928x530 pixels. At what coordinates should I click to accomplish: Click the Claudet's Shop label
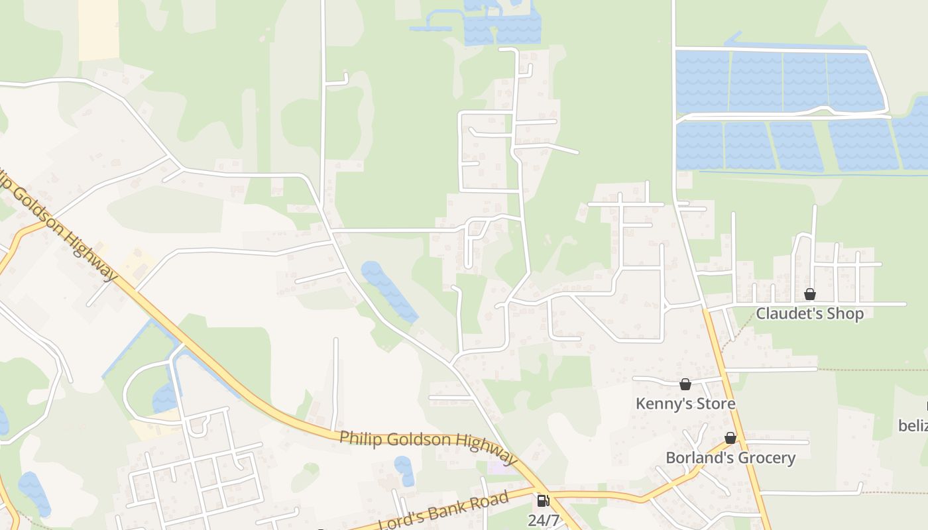point(809,313)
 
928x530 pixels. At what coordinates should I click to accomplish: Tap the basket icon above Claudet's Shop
point(809,294)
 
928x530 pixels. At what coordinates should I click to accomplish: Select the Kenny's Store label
point(685,403)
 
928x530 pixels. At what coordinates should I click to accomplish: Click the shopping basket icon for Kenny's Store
point(685,384)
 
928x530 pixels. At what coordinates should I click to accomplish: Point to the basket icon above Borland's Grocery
point(730,439)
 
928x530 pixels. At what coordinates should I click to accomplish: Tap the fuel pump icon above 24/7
point(543,502)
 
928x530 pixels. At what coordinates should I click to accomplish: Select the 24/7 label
point(543,521)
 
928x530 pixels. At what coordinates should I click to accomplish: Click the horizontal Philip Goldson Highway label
point(428,447)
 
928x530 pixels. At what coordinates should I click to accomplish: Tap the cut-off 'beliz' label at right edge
point(913,424)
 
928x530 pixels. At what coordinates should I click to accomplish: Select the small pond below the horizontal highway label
point(404,470)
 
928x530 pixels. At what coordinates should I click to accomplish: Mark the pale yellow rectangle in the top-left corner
point(98,30)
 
